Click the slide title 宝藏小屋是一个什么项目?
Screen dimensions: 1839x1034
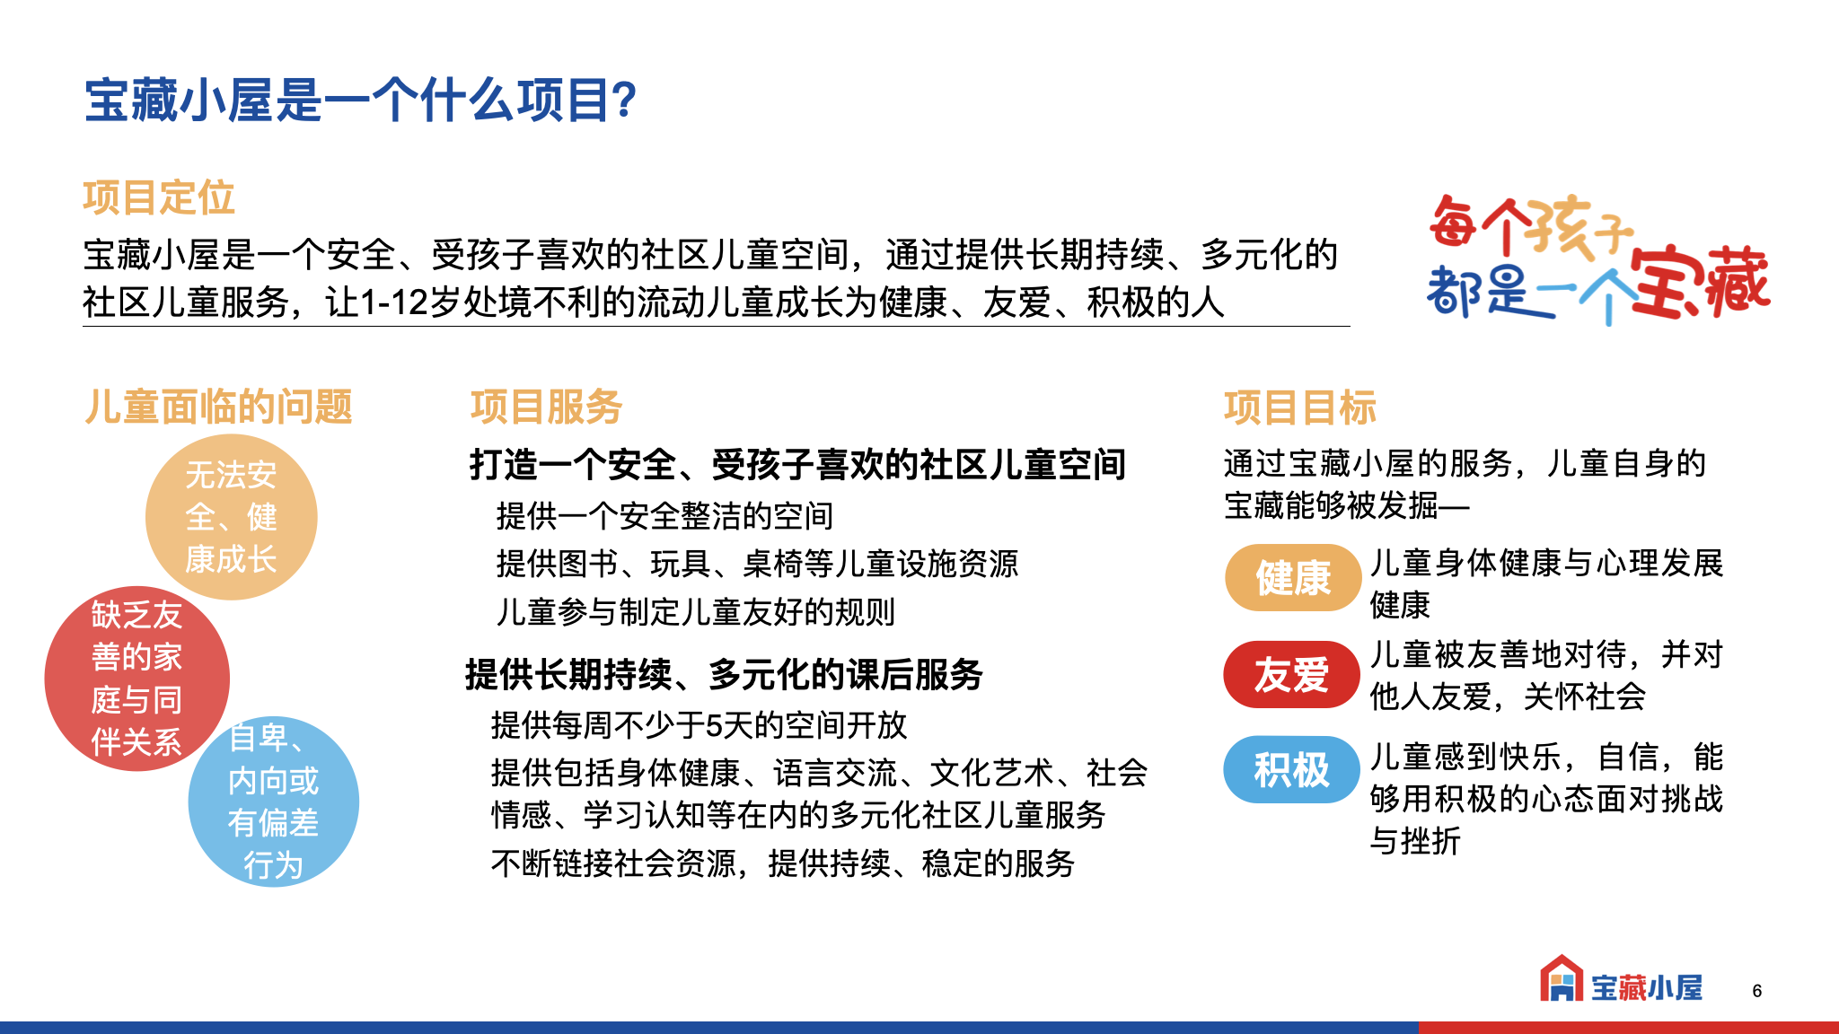[360, 100]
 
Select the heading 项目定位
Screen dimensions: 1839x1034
[159, 197]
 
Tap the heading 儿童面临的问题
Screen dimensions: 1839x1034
[218, 407]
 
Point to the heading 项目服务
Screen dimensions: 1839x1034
[547, 407]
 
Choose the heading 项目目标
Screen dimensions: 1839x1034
[1300, 407]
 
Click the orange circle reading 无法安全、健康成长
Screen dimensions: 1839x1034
[232, 517]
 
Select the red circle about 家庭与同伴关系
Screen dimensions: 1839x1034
[136, 679]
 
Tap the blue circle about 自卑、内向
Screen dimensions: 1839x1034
[274, 802]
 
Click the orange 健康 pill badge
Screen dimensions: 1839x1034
[1293, 577]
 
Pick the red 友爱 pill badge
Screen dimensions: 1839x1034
[1292, 674]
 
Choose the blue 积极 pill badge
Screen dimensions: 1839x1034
[1292, 769]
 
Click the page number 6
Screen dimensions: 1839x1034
[1757, 991]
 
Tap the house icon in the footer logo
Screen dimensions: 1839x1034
[1562, 978]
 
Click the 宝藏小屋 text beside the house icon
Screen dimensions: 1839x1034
[1647, 987]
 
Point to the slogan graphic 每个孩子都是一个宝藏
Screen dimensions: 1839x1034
[1599, 258]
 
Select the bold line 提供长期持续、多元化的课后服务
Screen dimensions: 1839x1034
[724, 674]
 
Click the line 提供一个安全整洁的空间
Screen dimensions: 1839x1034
[664, 516]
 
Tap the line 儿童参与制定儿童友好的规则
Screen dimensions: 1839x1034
[696, 612]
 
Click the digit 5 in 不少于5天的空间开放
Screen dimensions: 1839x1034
[713, 725]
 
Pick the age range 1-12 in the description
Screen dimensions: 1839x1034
[393, 302]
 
